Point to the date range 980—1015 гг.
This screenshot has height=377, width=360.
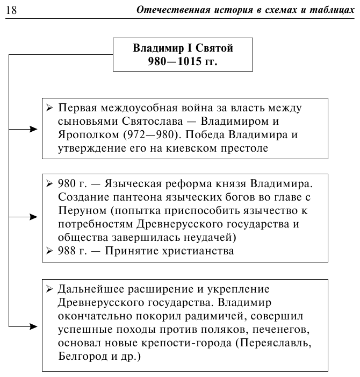point(183,61)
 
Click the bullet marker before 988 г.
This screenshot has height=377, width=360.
point(49,251)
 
